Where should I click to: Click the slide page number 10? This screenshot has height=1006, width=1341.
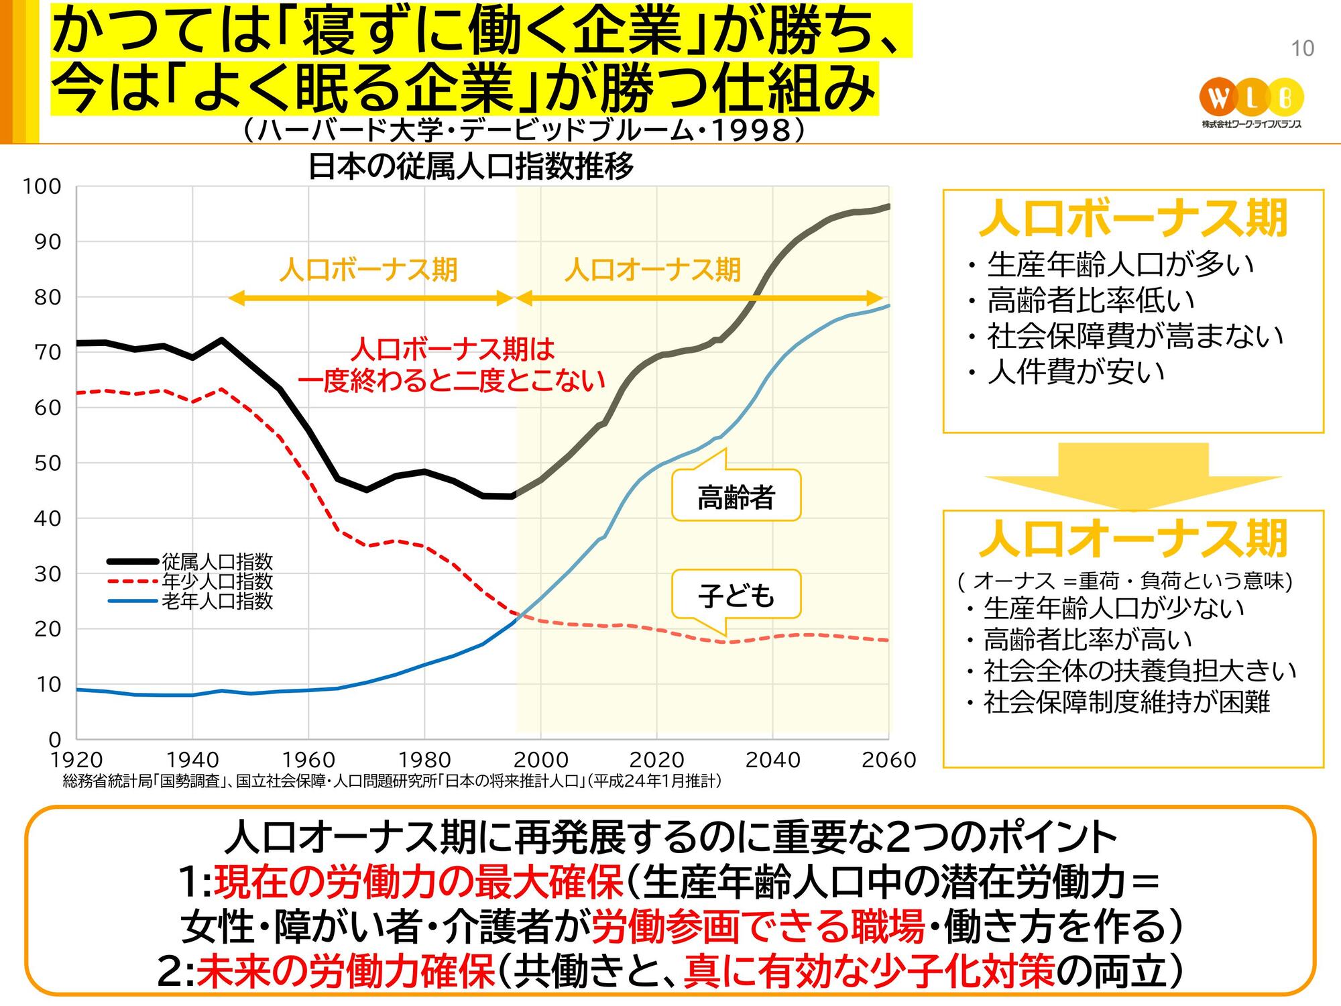tap(1302, 48)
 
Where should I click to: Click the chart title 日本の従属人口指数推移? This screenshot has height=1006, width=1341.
tap(470, 167)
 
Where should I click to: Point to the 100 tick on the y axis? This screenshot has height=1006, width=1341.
tap(42, 186)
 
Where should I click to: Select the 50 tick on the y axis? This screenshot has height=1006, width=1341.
tap(47, 463)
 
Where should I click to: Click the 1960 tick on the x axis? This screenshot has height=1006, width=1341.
tap(308, 760)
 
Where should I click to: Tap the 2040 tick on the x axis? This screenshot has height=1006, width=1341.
tap(772, 760)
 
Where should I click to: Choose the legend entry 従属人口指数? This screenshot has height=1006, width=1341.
tap(217, 561)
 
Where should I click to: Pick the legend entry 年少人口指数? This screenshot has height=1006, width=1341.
tap(217, 581)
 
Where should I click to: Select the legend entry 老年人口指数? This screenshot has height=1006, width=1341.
tap(217, 600)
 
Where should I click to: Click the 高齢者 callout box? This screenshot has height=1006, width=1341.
tap(736, 497)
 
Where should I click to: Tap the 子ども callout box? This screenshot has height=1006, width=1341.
tap(736, 595)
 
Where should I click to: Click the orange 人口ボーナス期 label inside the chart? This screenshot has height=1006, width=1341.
tap(368, 270)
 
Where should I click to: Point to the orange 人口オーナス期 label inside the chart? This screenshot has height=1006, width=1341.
tap(652, 270)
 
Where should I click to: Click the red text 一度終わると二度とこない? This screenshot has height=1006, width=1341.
tap(451, 381)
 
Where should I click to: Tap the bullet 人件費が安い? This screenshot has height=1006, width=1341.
tap(1075, 372)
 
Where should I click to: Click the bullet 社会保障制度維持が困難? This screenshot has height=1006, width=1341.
tap(1126, 702)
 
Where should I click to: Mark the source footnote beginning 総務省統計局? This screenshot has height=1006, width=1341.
tap(392, 781)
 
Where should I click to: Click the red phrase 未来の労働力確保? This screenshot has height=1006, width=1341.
tap(345, 972)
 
